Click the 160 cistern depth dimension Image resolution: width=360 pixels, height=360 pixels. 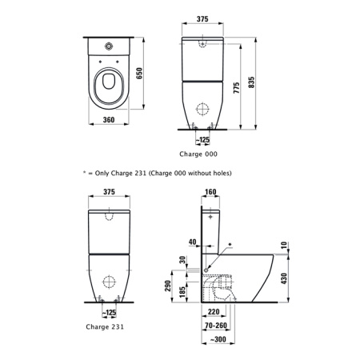tap(211, 192)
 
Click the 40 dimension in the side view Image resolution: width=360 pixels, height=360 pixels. tap(193, 241)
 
